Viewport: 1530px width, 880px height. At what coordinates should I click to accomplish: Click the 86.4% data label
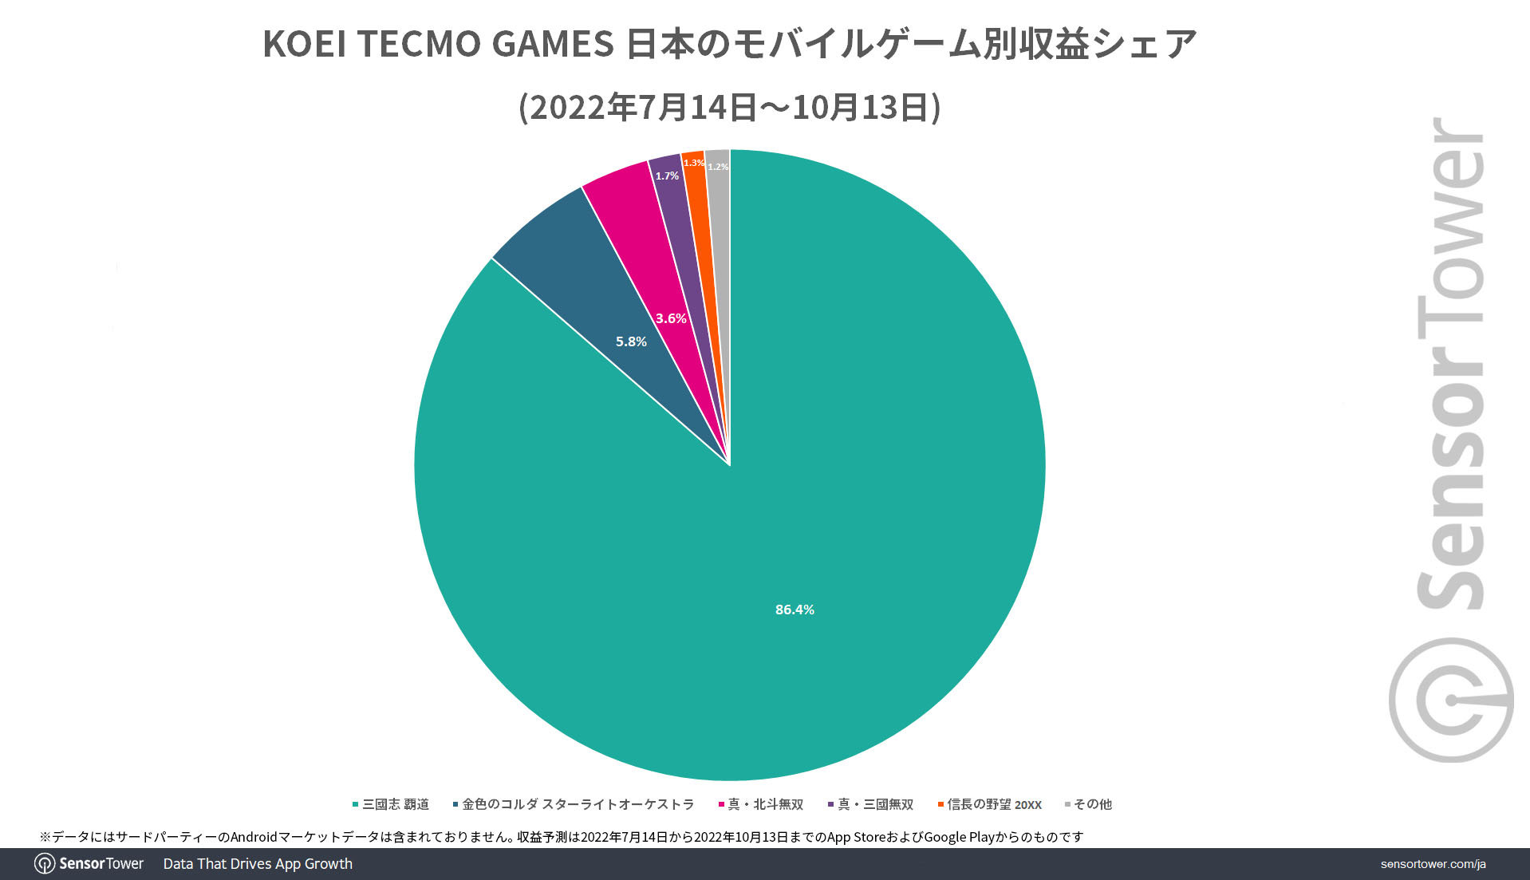click(795, 610)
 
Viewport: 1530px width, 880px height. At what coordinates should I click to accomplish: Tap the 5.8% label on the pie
click(631, 341)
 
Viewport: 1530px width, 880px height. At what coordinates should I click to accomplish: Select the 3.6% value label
click(671, 318)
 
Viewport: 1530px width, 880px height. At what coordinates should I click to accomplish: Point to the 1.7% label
click(667, 176)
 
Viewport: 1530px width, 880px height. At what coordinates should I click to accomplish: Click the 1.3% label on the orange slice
click(693, 163)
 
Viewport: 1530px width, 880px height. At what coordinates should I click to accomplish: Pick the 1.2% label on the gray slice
click(718, 167)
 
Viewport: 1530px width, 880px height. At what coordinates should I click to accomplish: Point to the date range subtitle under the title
click(729, 107)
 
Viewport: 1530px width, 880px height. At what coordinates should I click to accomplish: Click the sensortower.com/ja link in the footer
click(1433, 864)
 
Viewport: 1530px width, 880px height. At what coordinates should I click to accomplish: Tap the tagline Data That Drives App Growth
click(258, 864)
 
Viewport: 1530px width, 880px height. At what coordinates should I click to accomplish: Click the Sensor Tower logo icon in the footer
click(45, 864)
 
